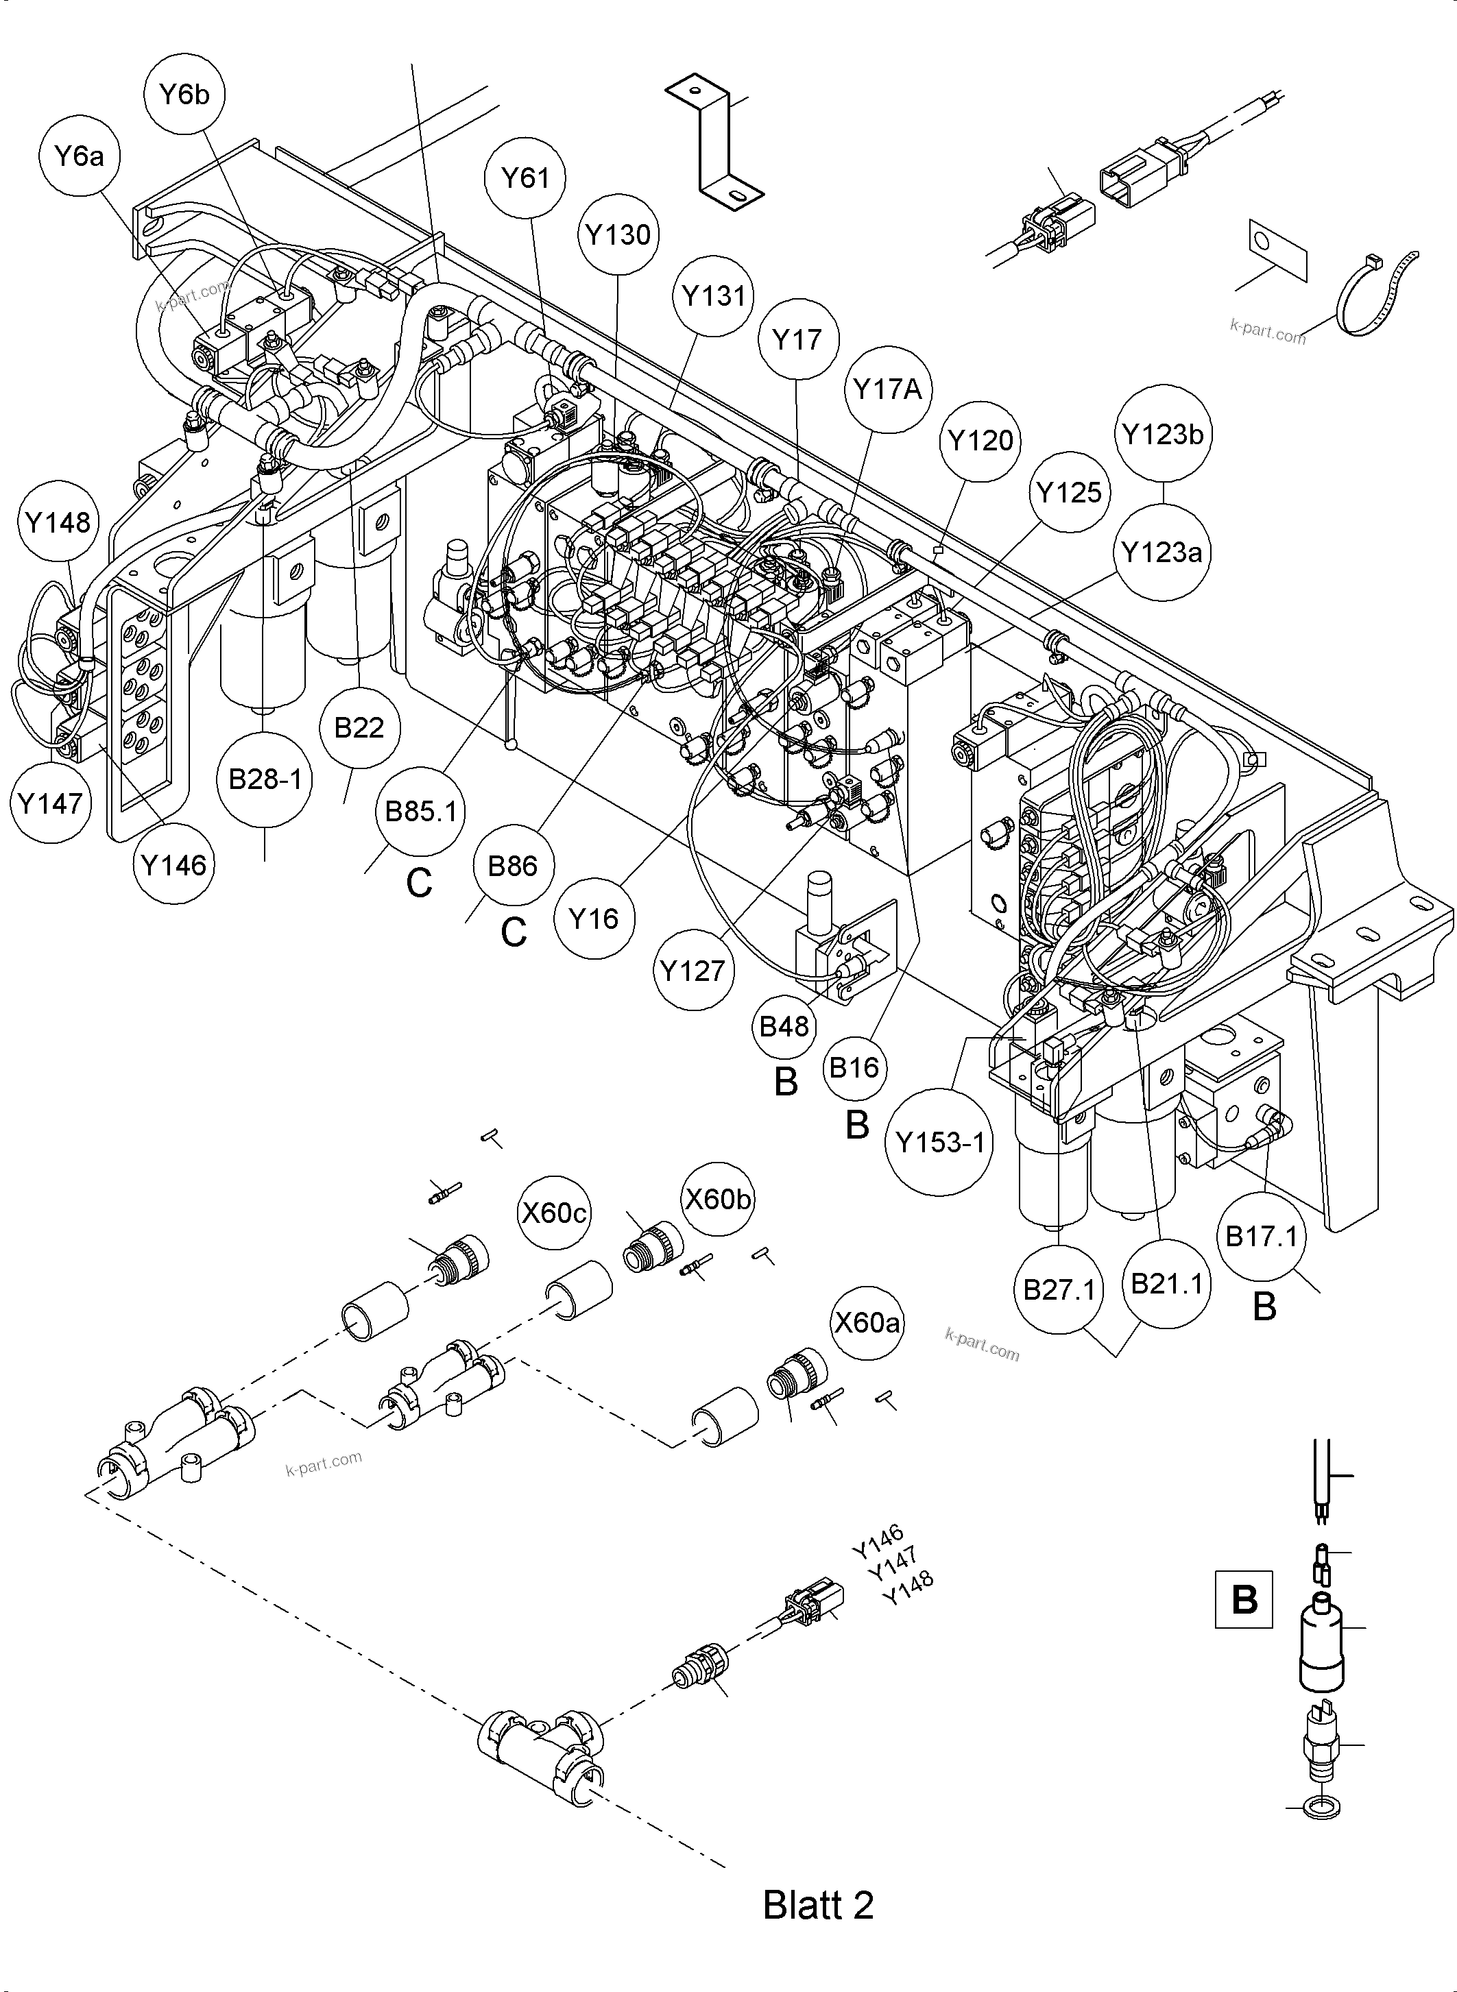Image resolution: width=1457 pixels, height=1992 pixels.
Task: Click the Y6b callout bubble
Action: point(184,95)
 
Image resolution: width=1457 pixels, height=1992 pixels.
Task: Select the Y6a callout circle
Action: point(80,157)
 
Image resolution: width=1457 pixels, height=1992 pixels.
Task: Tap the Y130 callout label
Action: point(618,234)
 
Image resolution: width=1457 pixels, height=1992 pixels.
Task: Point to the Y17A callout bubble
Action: point(887,389)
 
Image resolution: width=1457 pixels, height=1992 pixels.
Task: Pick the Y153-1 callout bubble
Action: point(939,1143)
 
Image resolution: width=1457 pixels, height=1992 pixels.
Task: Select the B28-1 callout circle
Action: point(265,779)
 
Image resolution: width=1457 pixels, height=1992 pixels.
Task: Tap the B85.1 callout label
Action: point(421,811)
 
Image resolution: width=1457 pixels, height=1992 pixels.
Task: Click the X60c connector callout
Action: point(554,1213)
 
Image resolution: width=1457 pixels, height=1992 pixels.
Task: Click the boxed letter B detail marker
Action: point(1244,1599)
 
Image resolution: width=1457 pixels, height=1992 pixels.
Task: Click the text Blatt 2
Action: point(817,1905)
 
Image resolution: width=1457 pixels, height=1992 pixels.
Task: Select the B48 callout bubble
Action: point(784,1025)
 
